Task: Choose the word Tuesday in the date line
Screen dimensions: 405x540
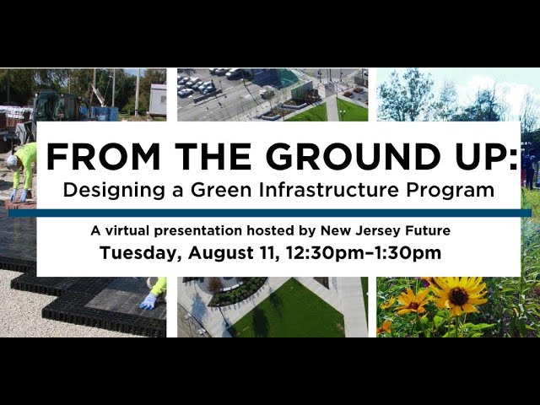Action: pos(140,253)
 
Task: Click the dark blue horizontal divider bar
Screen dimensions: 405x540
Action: pos(270,213)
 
